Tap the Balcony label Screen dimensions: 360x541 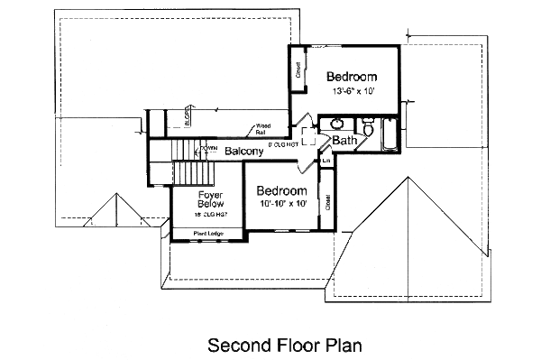243,151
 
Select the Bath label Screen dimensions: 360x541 344,142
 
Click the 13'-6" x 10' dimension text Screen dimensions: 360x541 351,92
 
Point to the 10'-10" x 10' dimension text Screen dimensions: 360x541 281,206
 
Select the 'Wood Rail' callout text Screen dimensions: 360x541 263,129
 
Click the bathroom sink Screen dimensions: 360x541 335,124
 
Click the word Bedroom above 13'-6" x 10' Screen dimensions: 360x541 352,77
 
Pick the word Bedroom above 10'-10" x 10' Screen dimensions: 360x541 281,191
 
